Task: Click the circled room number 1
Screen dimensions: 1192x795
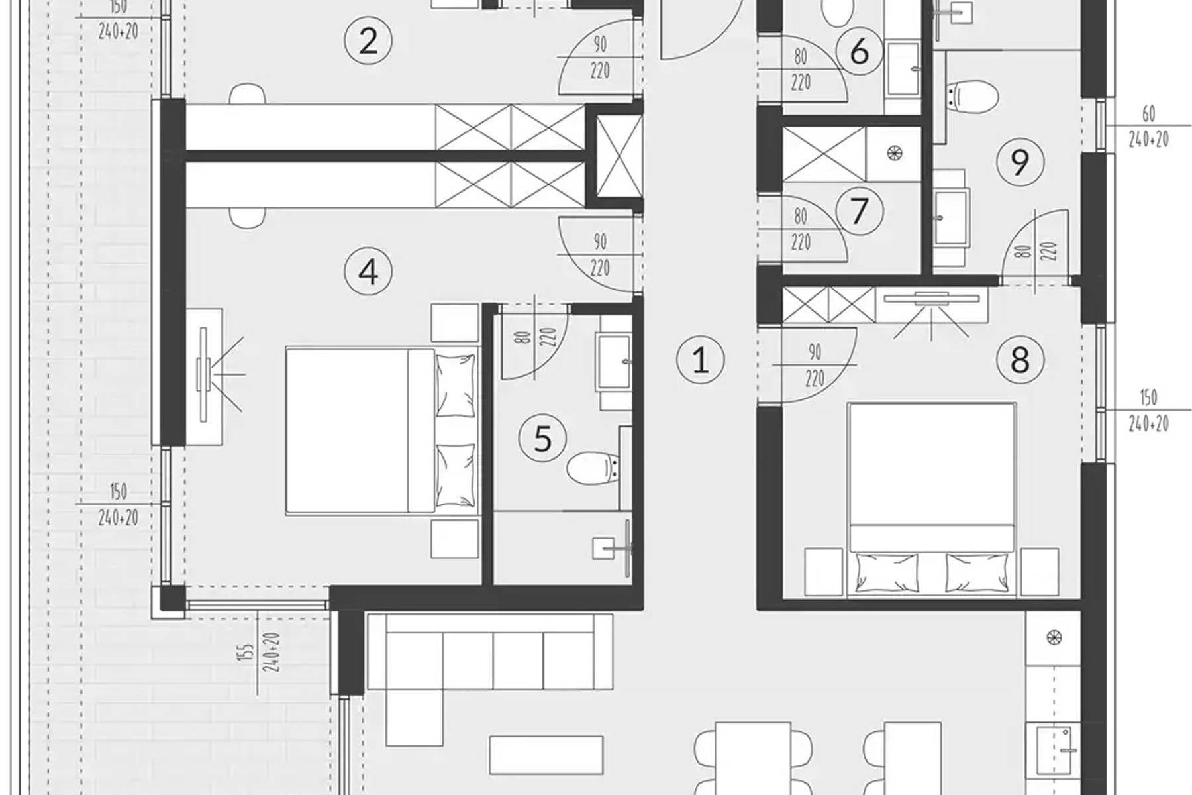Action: (700, 360)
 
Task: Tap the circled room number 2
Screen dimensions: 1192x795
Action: (368, 41)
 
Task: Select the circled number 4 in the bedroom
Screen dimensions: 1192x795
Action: (368, 272)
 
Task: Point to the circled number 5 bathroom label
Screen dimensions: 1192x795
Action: (542, 438)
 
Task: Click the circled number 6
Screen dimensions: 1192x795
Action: (859, 51)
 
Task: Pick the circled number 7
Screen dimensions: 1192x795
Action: (859, 211)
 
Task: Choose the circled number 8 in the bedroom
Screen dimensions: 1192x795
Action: (1020, 360)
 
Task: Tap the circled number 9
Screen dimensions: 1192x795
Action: (1020, 162)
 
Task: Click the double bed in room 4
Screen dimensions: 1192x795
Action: (382, 431)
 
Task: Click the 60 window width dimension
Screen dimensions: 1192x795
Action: (1148, 114)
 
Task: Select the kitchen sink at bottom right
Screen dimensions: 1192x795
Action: (1054, 749)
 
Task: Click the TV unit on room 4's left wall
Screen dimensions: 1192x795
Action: (204, 375)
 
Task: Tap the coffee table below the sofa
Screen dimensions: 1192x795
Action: (546, 755)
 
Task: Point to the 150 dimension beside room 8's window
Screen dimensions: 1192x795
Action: (1148, 397)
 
